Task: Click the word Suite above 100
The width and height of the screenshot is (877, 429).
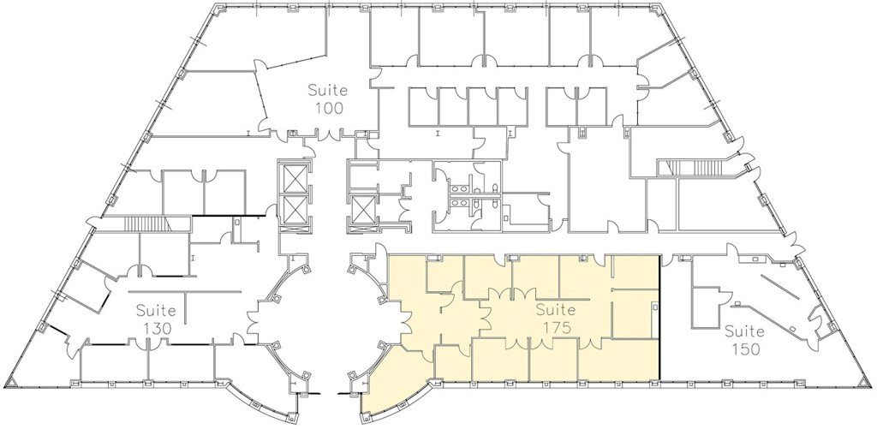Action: (x=329, y=90)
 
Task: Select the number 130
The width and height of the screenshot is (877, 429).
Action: (x=157, y=328)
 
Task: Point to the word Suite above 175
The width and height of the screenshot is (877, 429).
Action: (x=556, y=309)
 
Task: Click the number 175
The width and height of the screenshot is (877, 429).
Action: (x=556, y=327)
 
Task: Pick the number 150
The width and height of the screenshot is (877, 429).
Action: (x=746, y=349)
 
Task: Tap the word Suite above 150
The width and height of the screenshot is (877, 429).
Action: (x=744, y=331)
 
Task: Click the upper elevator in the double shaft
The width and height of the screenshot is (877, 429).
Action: (x=295, y=179)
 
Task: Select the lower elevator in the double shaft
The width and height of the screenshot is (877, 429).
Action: (x=295, y=209)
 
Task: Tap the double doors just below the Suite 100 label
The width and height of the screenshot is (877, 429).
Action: (x=330, y=134)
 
